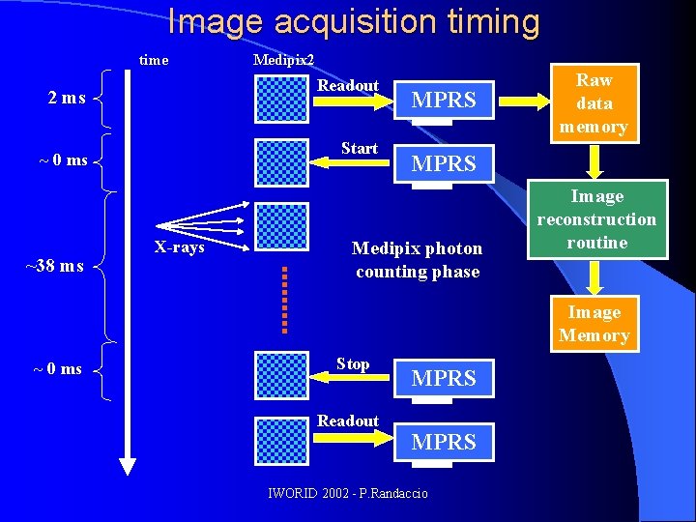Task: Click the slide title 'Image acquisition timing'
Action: (353, 21)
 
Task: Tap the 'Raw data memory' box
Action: (594, 103)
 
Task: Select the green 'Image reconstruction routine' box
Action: (596, 219)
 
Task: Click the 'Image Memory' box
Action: (594, 324)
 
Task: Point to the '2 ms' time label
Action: (67, 98)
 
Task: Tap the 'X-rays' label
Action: (180, 246)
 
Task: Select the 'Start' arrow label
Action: (359, 148)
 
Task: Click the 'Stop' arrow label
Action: (353, 364)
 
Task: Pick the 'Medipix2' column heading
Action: (283, 60)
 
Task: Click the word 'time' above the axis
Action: (154, 60)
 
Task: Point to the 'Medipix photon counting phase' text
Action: (417, 260)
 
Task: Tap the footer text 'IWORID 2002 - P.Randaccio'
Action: (348, 494)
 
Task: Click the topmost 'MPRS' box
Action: (444, 100)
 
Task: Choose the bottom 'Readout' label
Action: (348, 420)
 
